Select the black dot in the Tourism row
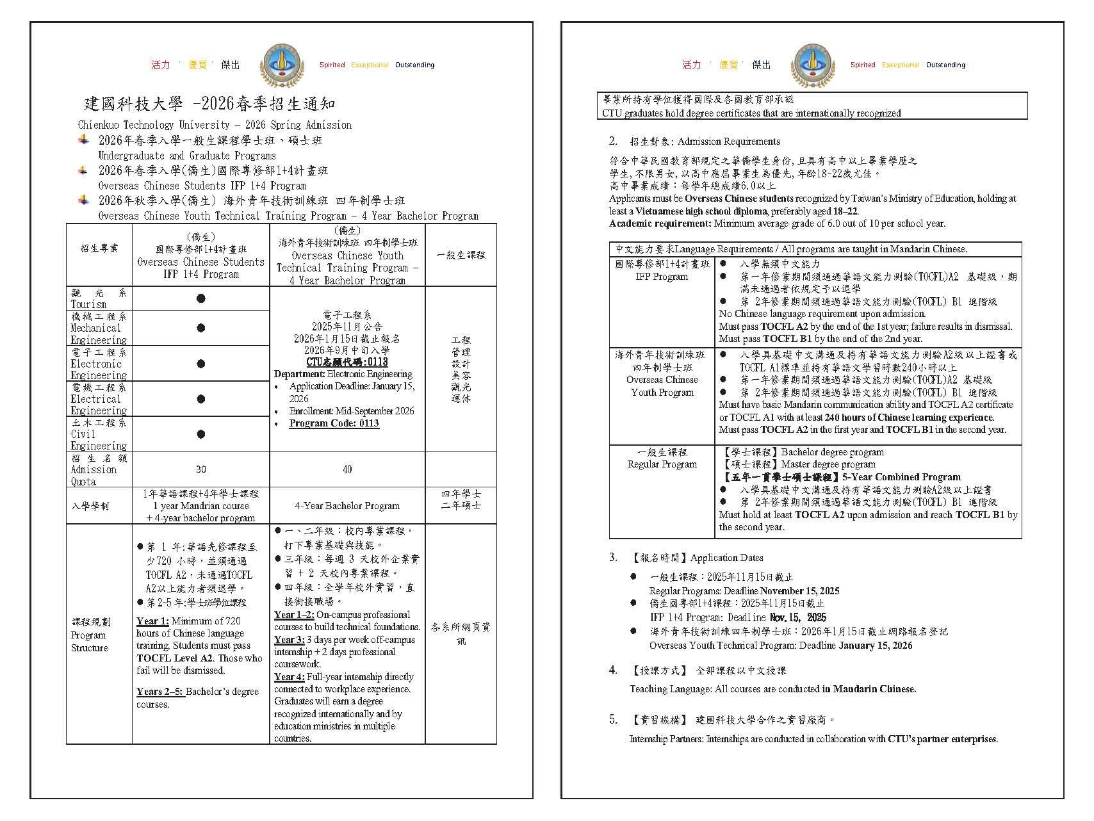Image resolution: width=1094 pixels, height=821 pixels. click(x=201, y=298)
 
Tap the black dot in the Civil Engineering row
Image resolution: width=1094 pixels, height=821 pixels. click(x=201, y=434)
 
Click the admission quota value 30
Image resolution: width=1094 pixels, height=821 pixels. click(x=201, y=469)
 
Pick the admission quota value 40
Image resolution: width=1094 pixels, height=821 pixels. click(x=347, y=469)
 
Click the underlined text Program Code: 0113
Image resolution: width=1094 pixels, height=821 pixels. click(x=334, y=423)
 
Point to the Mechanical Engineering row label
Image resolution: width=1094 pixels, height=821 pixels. click(x=99, y=328)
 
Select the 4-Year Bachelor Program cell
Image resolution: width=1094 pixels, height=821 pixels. click(x=347, y=505)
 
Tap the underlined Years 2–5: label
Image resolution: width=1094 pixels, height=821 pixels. click(x=160, y=692)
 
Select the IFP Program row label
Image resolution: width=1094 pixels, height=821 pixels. click(x=662, y=277)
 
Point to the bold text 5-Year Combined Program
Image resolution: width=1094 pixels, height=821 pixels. click(x=901, y=477)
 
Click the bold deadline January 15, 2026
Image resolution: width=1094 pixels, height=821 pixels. click(x=875, y=646)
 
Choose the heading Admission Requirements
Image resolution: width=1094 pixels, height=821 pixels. click(x=728, y=142)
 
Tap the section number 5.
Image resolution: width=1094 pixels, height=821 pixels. click(x=613, y=720)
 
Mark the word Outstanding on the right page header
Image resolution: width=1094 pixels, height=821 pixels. click(x=945, y=65)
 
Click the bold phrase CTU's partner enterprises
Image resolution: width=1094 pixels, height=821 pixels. click(x=942, y=739)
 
